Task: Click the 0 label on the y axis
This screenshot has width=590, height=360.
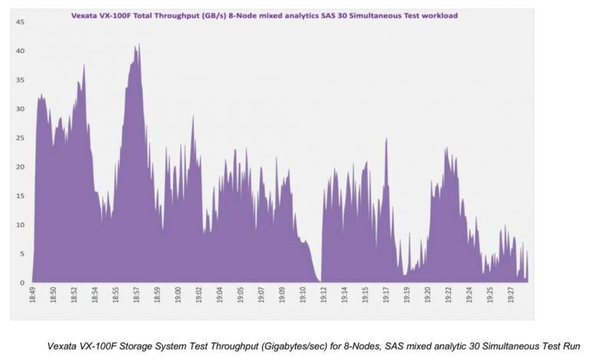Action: tap(22, 283)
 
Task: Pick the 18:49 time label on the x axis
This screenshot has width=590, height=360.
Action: tap(33, 296)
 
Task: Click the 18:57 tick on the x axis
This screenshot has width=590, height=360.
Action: tap(136, 296)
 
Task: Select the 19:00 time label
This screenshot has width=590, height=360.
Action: tap(177, 296)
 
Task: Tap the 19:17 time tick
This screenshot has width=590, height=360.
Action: tap(386, 296)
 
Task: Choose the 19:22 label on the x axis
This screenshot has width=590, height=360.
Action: tap(449, 296)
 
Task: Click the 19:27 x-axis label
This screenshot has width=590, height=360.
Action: tap(511, 296)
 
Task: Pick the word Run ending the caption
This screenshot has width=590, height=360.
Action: tap(571, 346)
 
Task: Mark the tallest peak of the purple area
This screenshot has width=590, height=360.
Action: tap(138, 45)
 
